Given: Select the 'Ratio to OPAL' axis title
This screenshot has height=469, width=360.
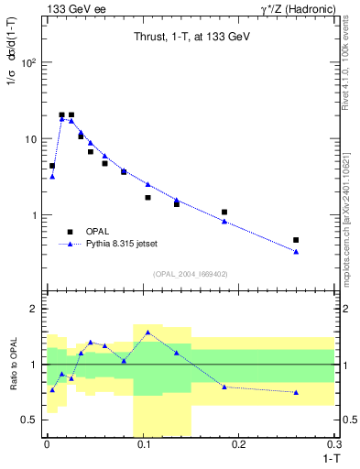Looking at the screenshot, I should (x=14, y=365).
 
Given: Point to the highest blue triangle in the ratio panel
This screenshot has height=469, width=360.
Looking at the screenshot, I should (x=147, y=333).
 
